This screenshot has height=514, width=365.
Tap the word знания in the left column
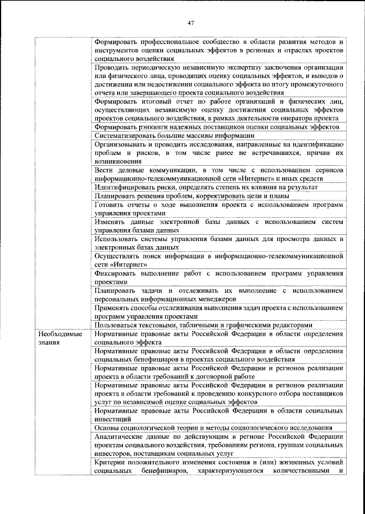tap(48, 343)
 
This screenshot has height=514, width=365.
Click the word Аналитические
tap(121, 437)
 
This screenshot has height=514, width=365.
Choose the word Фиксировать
tap(117, 274)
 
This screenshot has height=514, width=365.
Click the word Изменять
tap(111, 222)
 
